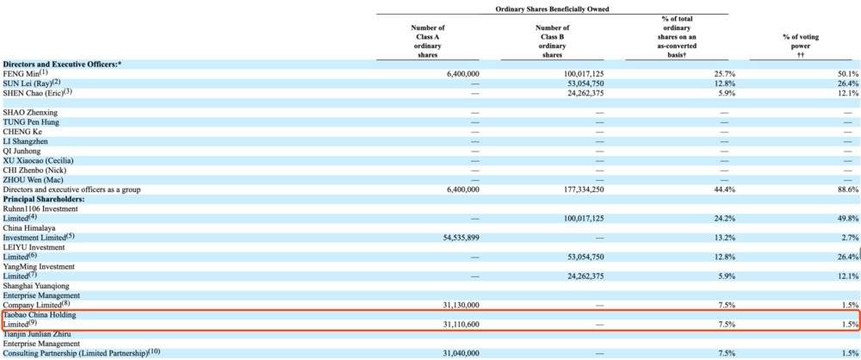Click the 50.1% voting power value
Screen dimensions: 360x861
pyautogui.click(x=847, y=75)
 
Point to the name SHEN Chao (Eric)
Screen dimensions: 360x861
pyautogui.click(x=37, y=93)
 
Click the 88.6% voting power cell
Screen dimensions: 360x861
pyautogui.click(x=847, y=189)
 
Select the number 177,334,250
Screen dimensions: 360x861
pyautogui.click(x=576, y=189)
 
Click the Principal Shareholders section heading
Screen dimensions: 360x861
pyautogui.click(x=43, y=199)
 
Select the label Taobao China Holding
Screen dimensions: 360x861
pyautogui.click(x=42, y=314)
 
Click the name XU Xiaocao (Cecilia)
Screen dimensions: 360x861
pyautogui.click(x=39, y=161)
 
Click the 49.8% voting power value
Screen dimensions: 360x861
pyautogui.click(x=847, y=219)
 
